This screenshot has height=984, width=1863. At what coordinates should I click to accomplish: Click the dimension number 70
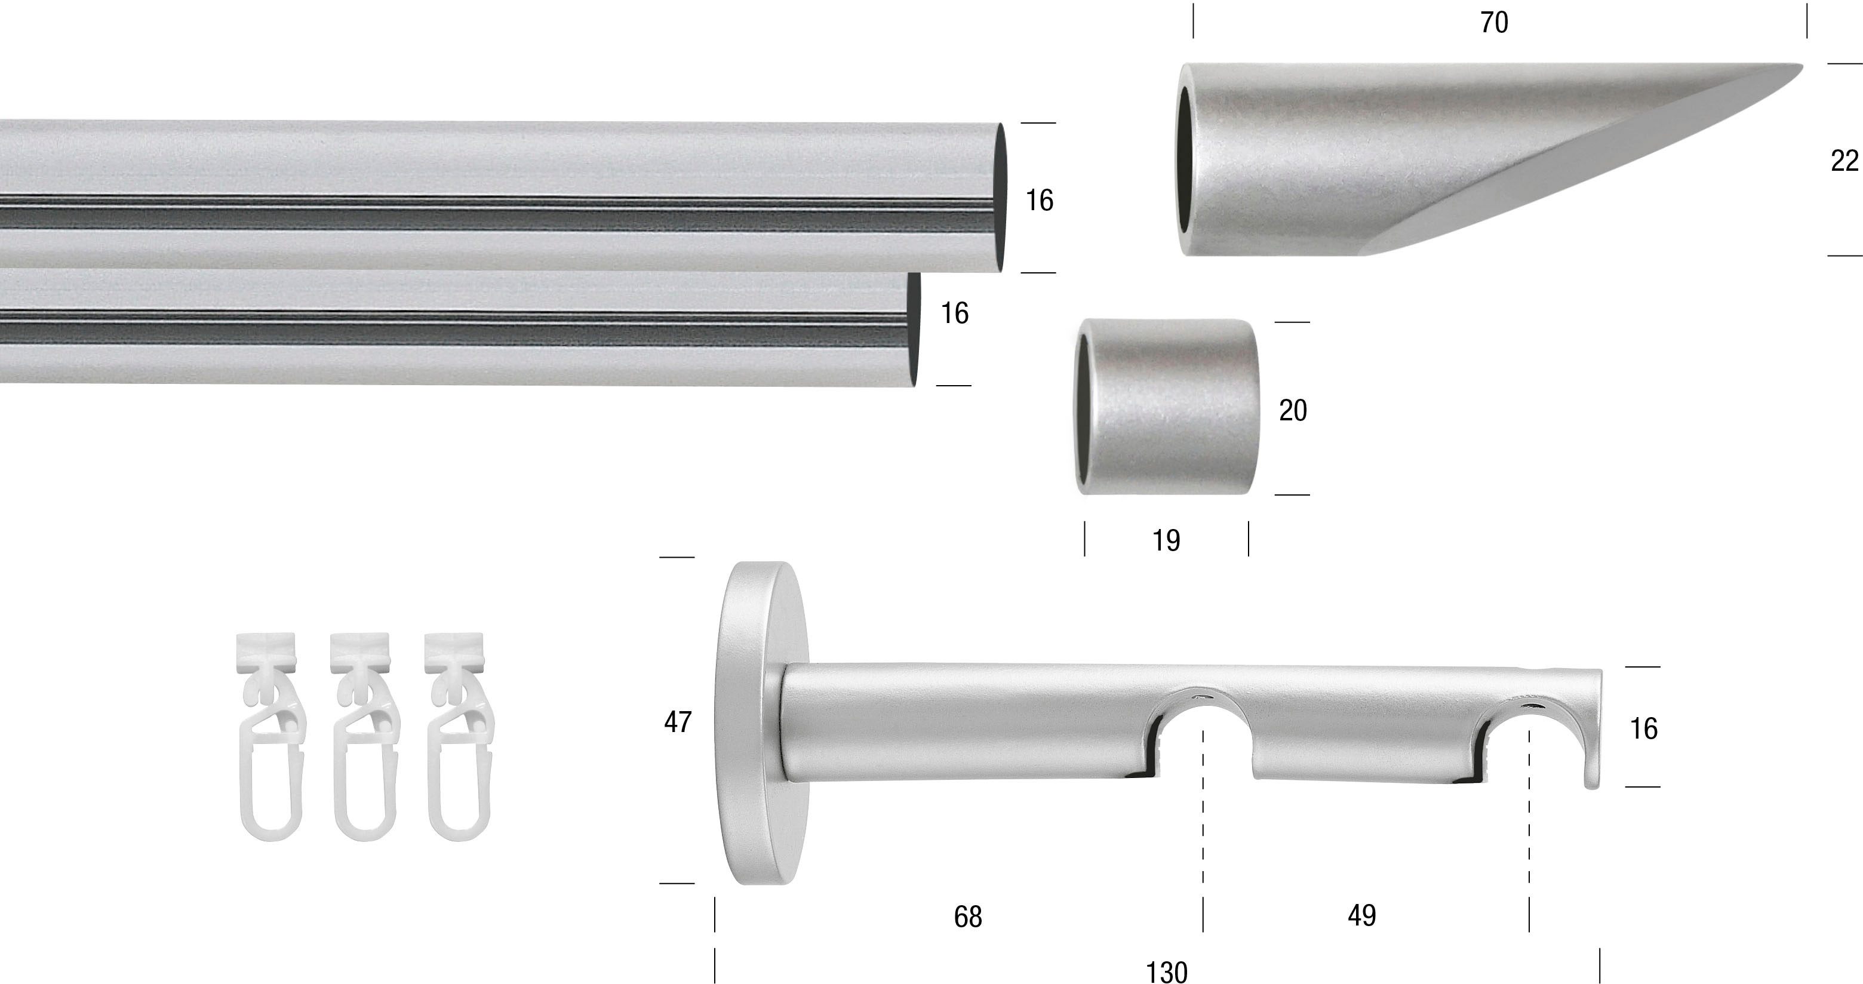pos(1494,23)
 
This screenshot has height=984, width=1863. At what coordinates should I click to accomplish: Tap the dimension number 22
pos(1844,161)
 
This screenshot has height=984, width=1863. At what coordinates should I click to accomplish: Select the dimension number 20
pos(1293,411)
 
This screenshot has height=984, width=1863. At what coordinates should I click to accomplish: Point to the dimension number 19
pos(1166,540)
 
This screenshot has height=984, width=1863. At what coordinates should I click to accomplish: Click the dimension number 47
pos(678,721)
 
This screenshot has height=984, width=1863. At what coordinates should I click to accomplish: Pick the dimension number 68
pos(968,917)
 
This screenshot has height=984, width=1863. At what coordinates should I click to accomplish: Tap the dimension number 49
pos(1362,916)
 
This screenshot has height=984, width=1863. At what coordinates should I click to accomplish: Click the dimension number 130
pos(1167,971)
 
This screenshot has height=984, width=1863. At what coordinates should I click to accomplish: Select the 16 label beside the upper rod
pos(1039,200)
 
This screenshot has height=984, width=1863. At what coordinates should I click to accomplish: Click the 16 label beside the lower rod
pos(954,313)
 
